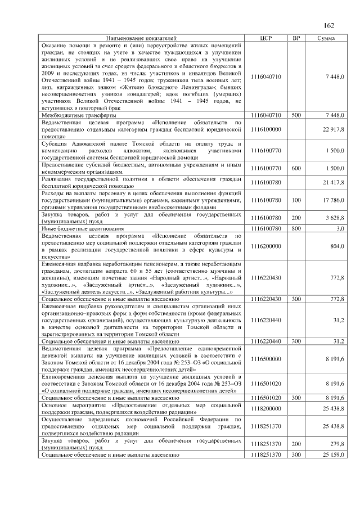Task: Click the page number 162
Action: point(329,25)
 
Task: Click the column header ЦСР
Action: point(267,38)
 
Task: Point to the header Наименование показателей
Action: point(142,38)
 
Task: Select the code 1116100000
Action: point(267,129)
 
